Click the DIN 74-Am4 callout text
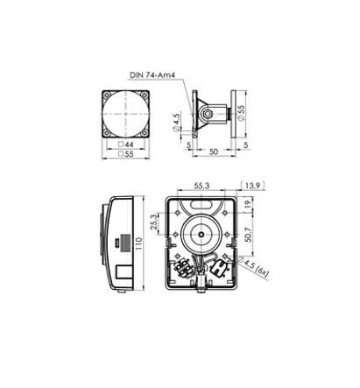click(152, 75)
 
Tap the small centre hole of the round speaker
click(201, 236)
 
